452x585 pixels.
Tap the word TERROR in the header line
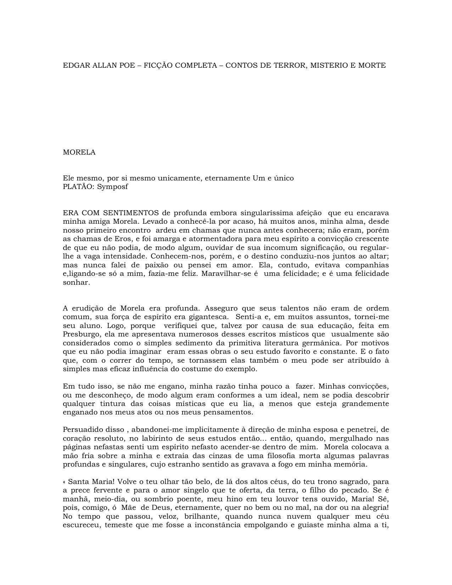click(x=290, y=65)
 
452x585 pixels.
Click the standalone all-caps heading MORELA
click(x=79, y=152)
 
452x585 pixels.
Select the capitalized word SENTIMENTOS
click(x=131, y=213)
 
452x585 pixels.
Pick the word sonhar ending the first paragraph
click(x=76, y=282)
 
